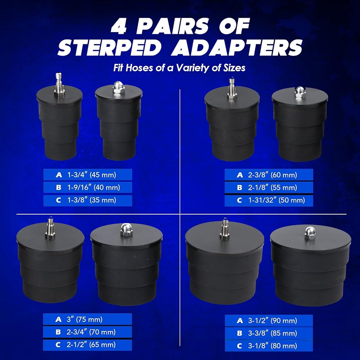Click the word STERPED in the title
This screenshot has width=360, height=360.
(x=110, y=47)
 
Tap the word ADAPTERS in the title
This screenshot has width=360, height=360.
(x=237, y=47)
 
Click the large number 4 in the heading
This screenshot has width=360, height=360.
(x=118, y=26)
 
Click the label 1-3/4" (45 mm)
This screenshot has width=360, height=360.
(x=91, y=175)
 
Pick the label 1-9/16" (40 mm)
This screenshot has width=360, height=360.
(x=94, y=188)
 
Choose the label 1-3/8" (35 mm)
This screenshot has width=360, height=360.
(x=91, y=200)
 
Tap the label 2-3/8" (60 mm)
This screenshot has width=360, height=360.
(x=273, y=175)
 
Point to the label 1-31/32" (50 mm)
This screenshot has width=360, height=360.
(x=276, y=200)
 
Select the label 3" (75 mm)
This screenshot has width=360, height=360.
(x=85, y=319)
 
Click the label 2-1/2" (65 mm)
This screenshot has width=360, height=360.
(x=91, y=345)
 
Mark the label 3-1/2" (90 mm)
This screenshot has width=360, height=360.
(x=273, y=320)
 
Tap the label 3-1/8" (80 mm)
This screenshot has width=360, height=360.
(x=273, y=346)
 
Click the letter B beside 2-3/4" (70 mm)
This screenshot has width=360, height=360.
(x=58, y=332)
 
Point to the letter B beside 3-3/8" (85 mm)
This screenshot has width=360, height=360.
(x=239, y=333)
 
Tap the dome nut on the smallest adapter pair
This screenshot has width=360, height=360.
(x=118, y=87)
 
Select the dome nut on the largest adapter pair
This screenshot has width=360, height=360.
(x=310, y=233)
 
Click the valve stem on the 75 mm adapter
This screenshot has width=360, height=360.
(x=50, y=229)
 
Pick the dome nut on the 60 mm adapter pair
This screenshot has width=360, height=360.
(x=300, y=92)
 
